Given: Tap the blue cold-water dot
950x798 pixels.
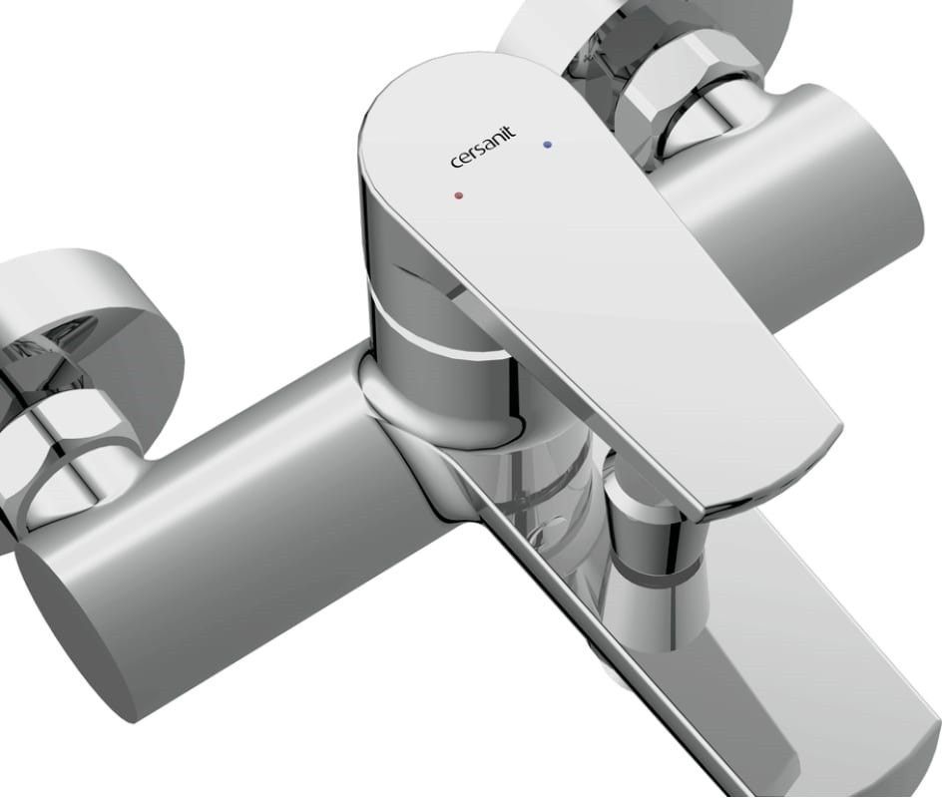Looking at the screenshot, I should tap(546, 145).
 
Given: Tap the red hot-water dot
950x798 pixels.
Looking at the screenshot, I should tap(457, 196).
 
